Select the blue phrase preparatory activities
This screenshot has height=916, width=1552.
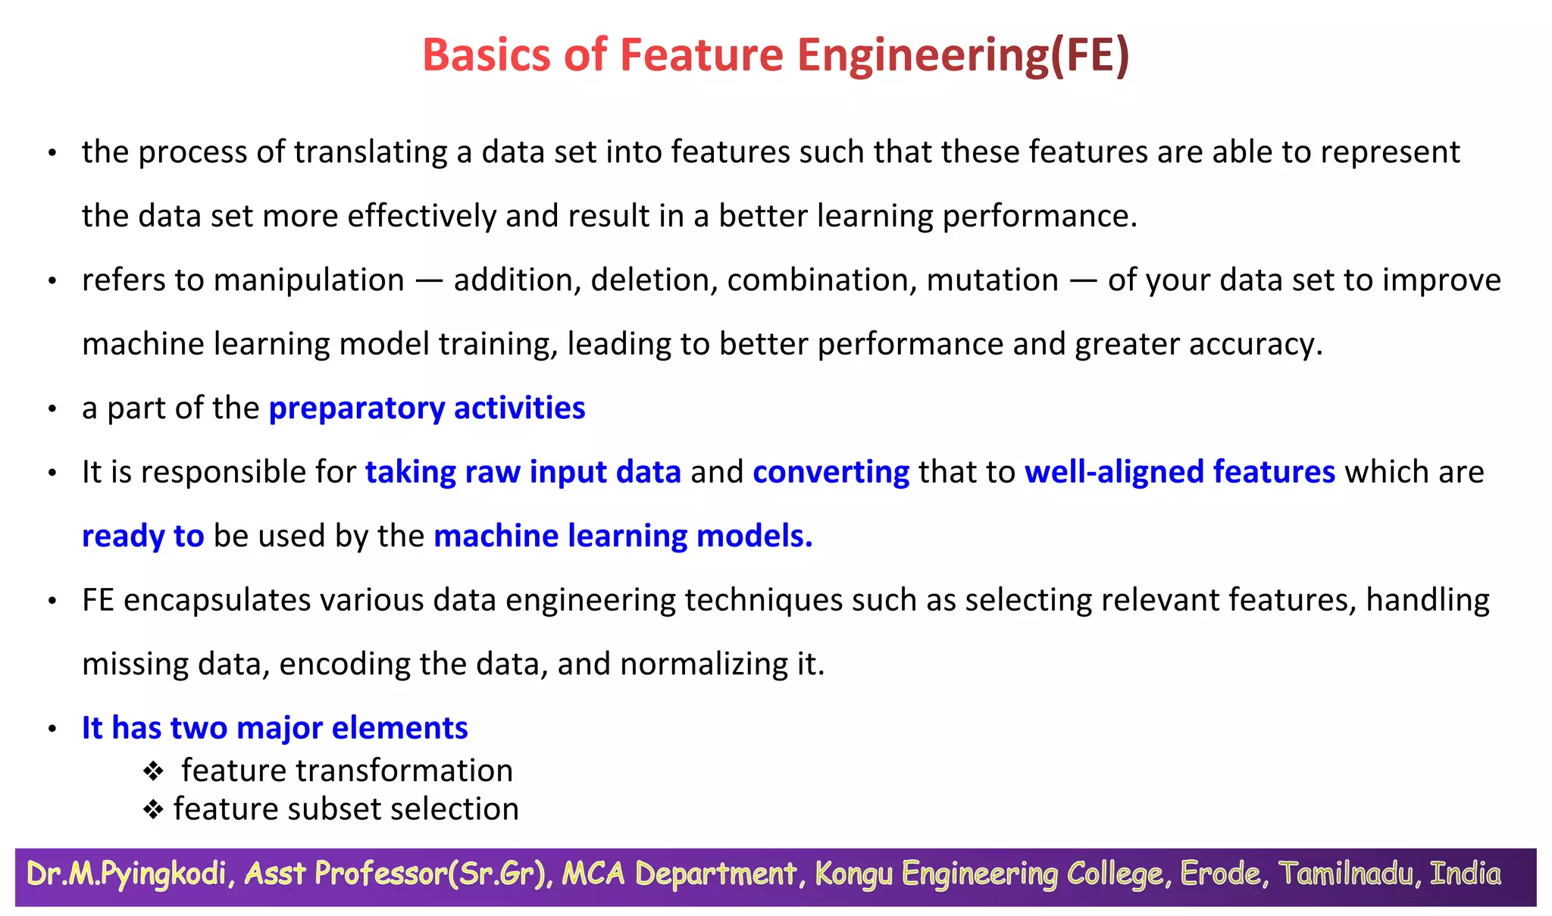pos(427,408)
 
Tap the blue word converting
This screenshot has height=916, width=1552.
pos(831,472)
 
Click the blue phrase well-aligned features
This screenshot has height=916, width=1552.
pos(1179,472)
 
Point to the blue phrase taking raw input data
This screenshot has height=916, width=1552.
pos(523,472)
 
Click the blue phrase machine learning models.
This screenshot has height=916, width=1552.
pos(622,536)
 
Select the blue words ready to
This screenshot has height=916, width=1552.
pos(142,536)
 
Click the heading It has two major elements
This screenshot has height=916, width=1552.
pos(274,728)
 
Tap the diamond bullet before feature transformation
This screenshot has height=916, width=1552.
pos(153,772)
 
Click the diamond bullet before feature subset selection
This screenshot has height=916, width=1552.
pos(153,810)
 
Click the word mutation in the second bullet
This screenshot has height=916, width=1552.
pos(992,280)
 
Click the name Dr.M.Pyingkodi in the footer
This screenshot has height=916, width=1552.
pos(127,874)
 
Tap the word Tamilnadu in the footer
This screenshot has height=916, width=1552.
pos(1347,874)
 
